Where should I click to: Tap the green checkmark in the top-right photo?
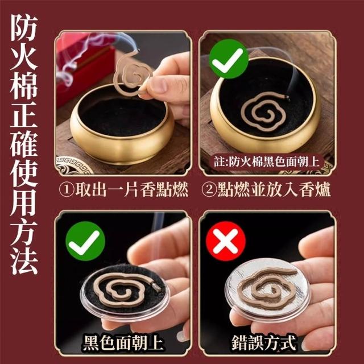pyautogui.click(x=229, y=59)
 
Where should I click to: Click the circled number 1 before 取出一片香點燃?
pyautogui.click(x=67, y=189)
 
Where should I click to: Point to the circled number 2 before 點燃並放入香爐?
pyautogui.click(x=209, y=189)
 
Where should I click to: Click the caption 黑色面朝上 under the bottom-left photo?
pyautogui.click(x=123, y=343)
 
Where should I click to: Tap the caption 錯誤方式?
pyautogui.click(x=264, y=342)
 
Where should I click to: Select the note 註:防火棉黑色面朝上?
pyautogui.click(x=267, y=162)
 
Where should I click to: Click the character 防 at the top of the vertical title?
pyautogui.click(x=24, y=27)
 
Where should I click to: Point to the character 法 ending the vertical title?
pyautogui.click(x=24, y=262)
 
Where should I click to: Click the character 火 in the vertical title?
pyautogui.click(x=24, y=56)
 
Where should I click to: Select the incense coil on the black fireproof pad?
pyautogui.click(x=126, y=289)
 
